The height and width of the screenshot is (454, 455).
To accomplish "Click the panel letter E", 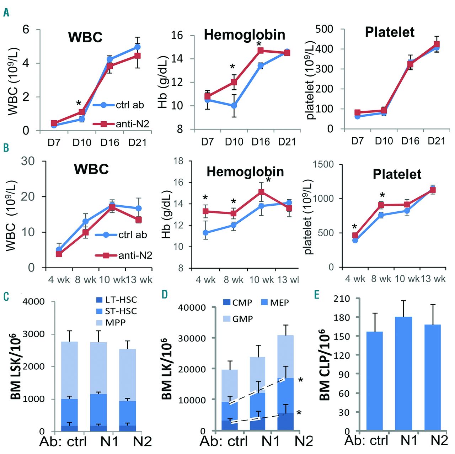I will tap(317, 295).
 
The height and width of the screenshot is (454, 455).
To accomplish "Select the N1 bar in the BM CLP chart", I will tap(403, 374).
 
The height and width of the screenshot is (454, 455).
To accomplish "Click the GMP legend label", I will tap(238, 319).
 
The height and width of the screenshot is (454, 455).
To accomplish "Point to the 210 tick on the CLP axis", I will tap(341, 299).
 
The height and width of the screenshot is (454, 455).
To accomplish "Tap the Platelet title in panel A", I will tap(390, 32).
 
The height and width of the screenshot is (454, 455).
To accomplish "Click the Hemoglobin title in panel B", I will tap(245, 172).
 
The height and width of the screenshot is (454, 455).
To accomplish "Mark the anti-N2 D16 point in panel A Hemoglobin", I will tap(261, 51).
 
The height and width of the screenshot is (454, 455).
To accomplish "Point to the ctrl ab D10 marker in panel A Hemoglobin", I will tap(234, 106).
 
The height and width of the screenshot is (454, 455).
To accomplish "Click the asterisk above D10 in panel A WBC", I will tap(79, 104).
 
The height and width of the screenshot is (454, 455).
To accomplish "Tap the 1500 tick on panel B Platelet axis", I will tap(323, 164).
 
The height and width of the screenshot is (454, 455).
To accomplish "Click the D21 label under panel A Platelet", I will tap(437, 141).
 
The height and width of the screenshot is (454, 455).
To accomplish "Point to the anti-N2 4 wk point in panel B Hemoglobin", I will tap(205, 211).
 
